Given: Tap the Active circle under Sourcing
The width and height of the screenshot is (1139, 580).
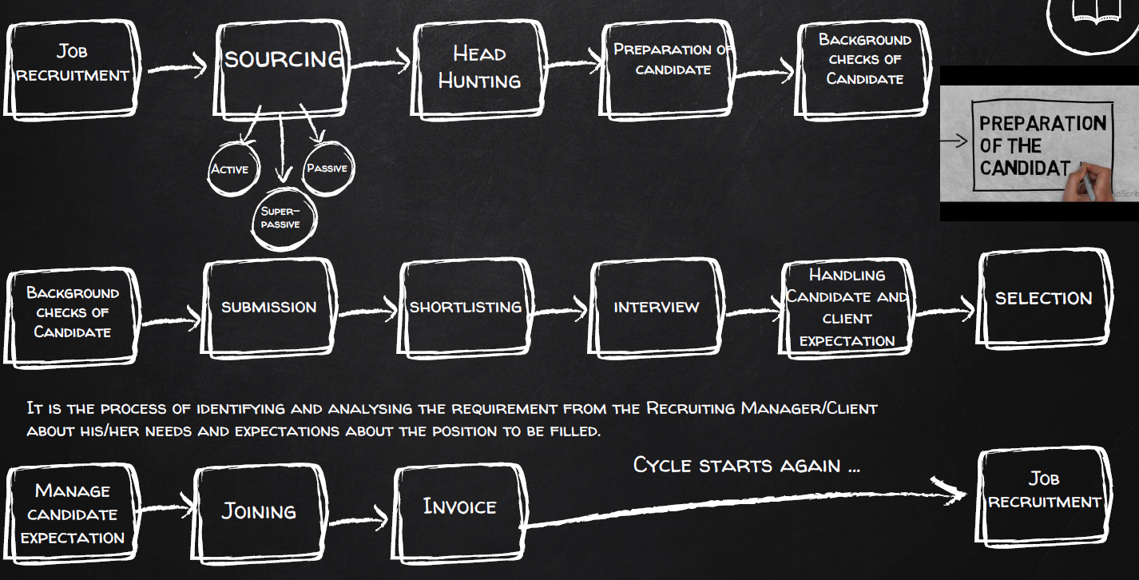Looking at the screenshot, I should tap(229, 169).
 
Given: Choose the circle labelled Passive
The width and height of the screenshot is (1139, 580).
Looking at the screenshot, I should tap(327, 168).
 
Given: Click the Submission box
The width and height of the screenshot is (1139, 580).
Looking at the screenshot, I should tap(269, 307).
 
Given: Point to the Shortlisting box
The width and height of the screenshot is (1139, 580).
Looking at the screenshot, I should tap(466, 307).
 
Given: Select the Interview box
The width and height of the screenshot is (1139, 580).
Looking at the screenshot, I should tap(657, 307).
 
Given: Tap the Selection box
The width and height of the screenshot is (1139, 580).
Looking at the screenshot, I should tap(1043, 298).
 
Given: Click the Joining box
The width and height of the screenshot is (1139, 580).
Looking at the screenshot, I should tap(258, 510).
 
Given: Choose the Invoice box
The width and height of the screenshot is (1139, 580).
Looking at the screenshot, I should tap(459, 506).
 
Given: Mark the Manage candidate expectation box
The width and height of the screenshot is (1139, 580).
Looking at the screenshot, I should tap(72, 514).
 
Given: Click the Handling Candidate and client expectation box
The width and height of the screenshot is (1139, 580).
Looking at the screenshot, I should tap(847, 308).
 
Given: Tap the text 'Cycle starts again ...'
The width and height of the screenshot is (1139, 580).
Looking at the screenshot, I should tap(746, 464).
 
